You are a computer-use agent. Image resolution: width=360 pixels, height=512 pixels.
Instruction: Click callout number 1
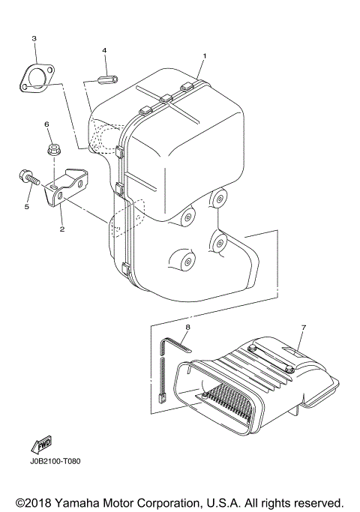pos(203,56)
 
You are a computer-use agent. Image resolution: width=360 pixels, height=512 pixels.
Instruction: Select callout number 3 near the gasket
pos(34,37)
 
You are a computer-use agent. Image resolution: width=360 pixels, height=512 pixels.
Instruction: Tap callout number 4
pos(105,50)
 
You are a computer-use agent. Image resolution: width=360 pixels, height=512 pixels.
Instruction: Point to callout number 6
pos(46,124)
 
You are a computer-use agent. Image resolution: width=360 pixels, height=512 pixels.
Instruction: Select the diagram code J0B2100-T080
pos(55,461)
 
